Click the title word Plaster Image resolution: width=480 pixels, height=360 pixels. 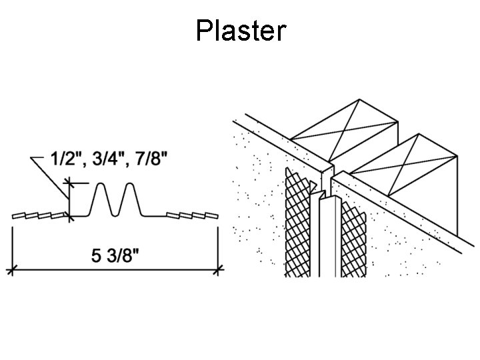click(x=241, y=31)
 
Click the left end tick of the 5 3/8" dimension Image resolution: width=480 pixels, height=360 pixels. click(x=11, y=269)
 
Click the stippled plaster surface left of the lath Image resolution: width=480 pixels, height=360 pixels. click(x=257, y=200)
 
